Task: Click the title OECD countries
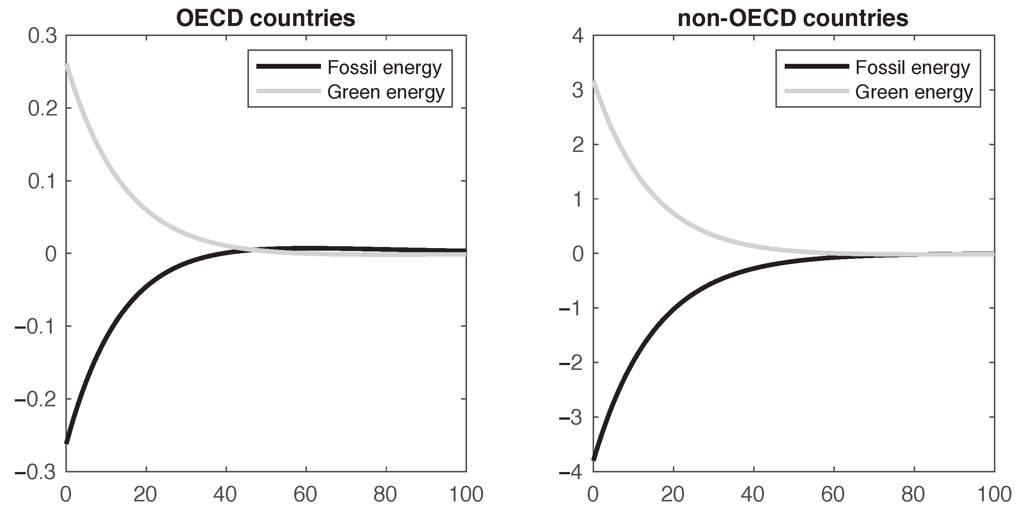[x=266, y=18]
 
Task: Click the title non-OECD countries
[x=793, y=18]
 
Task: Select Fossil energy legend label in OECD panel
[x=384, y=67]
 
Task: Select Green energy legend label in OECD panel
[x=386, y=92]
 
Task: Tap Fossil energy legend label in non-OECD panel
[x=912, y=67]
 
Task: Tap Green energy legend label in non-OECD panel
[x=914, y=92]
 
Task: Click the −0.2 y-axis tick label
[x=36, y=399]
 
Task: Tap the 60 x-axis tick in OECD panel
[x=305, y=494]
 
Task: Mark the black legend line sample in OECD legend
[x=288, y=66]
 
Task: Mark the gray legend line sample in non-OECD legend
[x=817, y=91]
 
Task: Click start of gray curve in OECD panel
[x=67, y=65]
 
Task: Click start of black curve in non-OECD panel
[x=594, y=459]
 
